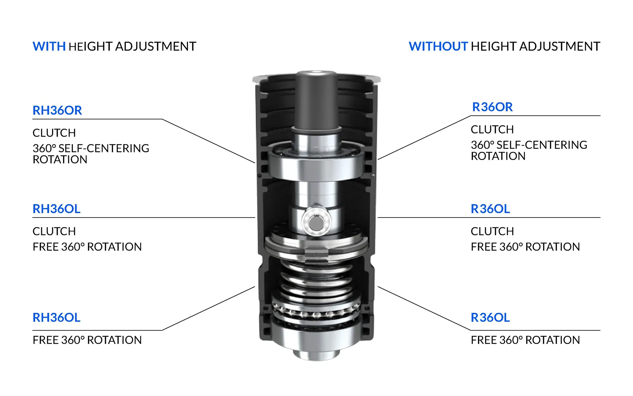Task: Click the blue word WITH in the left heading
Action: coord(49,47)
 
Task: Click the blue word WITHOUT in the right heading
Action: coord(438,47)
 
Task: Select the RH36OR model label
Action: coord(57,111)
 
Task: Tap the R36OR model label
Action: coord(492,107)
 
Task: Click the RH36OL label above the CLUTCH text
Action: coord(56,209)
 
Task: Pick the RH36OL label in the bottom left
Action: coord(56,317)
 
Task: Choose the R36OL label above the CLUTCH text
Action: coord(490,209)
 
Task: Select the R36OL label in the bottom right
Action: coord(490,317)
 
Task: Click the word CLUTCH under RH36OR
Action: coord(54,133)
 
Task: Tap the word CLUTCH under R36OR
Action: coord(492,130)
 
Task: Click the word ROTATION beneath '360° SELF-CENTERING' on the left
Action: coord(60,160)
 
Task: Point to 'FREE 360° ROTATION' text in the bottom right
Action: coord(525,340)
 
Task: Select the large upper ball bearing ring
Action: coord(316,165)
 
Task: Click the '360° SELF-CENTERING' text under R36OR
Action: coord(529,145)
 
